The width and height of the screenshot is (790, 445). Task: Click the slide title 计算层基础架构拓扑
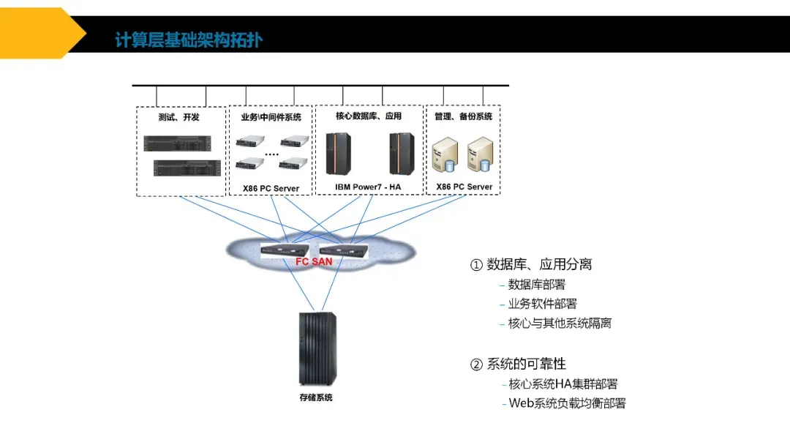(188, 40)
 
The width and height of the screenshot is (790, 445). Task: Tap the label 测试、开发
(178, 117)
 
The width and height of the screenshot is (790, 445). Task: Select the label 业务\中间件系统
(271, 117)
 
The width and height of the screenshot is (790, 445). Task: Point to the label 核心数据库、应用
(369, 116)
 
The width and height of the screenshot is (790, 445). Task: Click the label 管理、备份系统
(463, 116)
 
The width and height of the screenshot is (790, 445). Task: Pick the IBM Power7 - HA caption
(368, 187)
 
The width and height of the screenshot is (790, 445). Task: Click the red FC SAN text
(314, 261)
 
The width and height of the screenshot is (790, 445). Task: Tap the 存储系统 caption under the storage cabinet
(316, 397)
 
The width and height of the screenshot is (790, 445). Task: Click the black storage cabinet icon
(317, 348)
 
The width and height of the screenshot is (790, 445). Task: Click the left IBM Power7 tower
(338, 154)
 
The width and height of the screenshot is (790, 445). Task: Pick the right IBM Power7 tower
(402, 154)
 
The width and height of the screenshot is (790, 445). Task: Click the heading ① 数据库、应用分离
(531, 264)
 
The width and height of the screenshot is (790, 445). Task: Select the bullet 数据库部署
(536, 285)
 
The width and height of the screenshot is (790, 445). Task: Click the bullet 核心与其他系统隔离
(560, 324)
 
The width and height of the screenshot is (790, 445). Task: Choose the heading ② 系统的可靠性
(518, 364)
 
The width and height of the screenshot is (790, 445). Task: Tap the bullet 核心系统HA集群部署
(563, 384)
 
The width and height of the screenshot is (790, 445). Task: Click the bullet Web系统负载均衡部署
(567, 403)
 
